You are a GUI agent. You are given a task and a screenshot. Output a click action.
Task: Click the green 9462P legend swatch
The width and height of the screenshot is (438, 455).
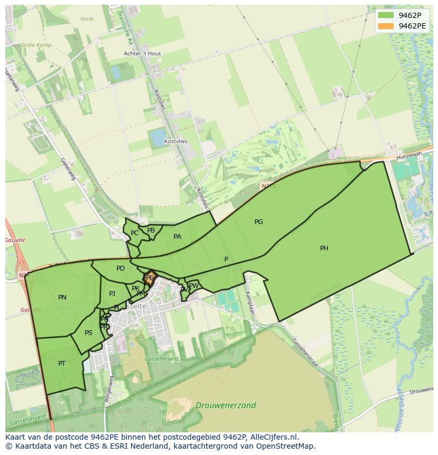click(x=386, y=15)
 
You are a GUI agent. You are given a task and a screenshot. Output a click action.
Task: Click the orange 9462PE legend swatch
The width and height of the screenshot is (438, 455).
click(x=386, y=26)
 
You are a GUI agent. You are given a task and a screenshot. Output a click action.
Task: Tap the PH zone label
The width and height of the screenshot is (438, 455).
click(x=324, y=248)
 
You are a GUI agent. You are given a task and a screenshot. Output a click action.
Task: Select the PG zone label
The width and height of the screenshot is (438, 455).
click(x=259, y=222)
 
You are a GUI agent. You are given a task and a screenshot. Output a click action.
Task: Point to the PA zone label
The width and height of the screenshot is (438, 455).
click(x=177, y=237)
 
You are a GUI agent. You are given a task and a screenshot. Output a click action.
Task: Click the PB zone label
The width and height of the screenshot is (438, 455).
click(x=151, y=230)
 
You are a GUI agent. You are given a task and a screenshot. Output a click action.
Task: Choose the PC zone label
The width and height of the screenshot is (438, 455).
click(x=134, y=233)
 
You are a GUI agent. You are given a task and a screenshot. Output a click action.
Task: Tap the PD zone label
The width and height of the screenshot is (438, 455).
click(x=121, y=268)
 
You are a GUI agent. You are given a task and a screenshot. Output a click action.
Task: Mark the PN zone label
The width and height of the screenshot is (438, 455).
click(x=62, y=298)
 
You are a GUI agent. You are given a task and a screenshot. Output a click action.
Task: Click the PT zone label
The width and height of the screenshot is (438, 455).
click(x=62, y=364)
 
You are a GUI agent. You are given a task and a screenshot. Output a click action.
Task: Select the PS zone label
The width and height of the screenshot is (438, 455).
click(x=88, y=333)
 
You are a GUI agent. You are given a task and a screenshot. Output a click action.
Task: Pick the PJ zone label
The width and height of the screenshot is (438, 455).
click(x=112, y=294)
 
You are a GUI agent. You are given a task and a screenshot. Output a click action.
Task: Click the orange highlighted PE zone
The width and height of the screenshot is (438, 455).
click(x=150, y=278)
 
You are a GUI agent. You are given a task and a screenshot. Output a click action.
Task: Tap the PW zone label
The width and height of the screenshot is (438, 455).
click(x=194, y=286)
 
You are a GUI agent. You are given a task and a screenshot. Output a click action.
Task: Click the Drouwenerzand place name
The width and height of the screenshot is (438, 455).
click(x=226, y=406)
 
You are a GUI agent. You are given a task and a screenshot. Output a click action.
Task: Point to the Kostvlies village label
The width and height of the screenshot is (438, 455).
click(x=176, y=142)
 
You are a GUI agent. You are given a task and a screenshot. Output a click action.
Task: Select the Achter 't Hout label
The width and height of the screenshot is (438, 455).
click(x=142, y=54)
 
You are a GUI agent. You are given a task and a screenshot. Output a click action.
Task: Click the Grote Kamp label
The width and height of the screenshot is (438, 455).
click(x=36, y=45)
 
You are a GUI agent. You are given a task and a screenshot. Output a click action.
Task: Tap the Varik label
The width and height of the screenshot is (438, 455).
click(x=87, y=19)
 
